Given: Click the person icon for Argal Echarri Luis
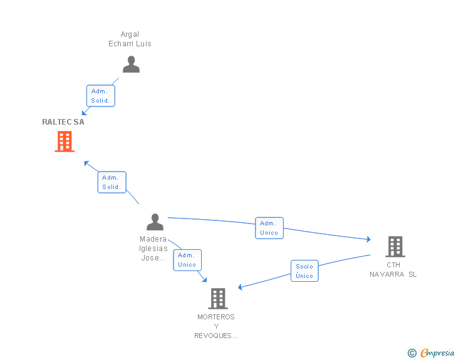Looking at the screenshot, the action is coord(131,64).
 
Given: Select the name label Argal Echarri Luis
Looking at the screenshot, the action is coord(130,39).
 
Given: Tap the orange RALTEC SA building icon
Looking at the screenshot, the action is coord(65,141).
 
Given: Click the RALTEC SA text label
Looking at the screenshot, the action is coord(63,122).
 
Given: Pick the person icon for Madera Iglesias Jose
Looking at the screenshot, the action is coord(155,222).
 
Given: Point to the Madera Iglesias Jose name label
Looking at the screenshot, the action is coord(153,249).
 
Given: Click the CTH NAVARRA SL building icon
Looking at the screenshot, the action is coord(395,247).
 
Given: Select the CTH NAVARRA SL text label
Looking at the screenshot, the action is coord(393,270).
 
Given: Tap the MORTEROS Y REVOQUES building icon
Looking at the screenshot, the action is coord(218,299).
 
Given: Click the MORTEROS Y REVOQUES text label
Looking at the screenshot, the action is coord(216,326).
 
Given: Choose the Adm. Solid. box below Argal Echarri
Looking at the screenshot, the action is coord(101,96).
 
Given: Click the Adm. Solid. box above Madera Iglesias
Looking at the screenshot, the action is coord(112,182).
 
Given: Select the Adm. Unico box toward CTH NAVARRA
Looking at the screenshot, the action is coord(269,228).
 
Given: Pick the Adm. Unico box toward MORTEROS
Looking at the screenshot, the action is coord(187,260).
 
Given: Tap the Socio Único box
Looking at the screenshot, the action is coord(304,270).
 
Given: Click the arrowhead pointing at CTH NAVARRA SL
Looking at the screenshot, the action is coord(368,239).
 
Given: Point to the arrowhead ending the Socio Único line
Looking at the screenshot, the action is coord(241,287).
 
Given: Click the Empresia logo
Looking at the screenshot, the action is coord(437,352).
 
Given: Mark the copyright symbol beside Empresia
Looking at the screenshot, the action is coord(412,353).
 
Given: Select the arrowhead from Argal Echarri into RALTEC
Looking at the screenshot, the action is coord(85,112).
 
